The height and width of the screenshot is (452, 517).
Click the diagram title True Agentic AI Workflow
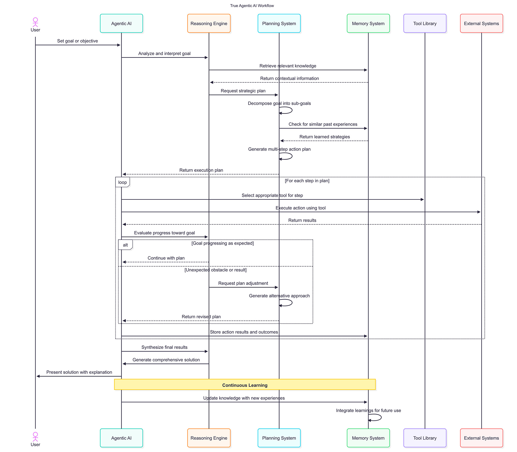coord(252,6)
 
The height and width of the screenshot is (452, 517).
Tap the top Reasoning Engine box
coord(209,24)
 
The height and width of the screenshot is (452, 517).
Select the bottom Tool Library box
coord(424,438)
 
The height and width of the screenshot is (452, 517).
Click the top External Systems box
coord(481,24)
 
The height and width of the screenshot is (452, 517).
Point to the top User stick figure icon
coord(35,22)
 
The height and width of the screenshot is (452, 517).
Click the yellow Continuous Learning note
coord(245,385)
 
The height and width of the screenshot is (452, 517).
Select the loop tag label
coord(122,182)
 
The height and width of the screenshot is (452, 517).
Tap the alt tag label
coord(125,245)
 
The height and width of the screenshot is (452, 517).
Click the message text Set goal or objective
coord(77,41)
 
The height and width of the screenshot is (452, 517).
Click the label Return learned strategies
coord(324,137)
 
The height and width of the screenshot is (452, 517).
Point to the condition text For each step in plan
coord(307,181)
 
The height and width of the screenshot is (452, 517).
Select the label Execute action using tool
coord(300,208)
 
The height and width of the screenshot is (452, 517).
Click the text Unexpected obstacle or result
coord(215,270)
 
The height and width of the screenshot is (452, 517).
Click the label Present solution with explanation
coord(79,372)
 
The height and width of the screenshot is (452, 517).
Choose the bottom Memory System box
coord(368,438)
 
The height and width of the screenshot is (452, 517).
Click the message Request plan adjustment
coord(243,283)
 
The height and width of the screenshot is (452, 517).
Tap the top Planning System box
coord(279,24)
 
